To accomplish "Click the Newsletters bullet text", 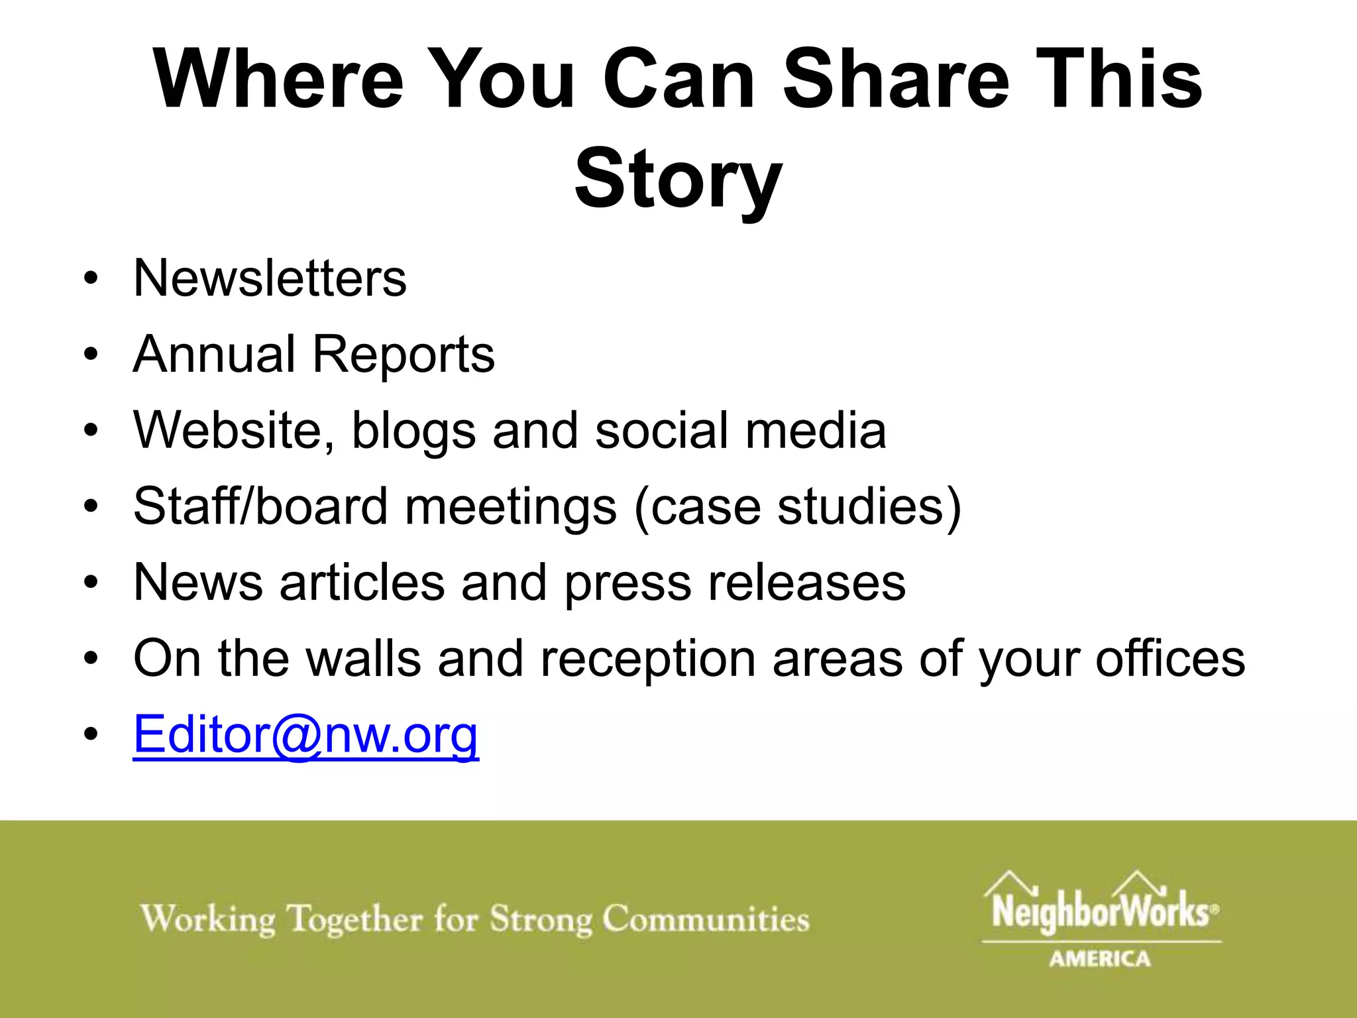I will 270,278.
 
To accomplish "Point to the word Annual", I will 214,354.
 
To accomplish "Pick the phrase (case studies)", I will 797,508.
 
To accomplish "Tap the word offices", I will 1170,659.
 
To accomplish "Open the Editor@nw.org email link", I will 305,736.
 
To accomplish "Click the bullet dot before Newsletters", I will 91,279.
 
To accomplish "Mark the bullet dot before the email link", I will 91,735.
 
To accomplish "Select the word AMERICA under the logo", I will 1100,958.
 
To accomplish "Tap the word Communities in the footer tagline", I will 706,919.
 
